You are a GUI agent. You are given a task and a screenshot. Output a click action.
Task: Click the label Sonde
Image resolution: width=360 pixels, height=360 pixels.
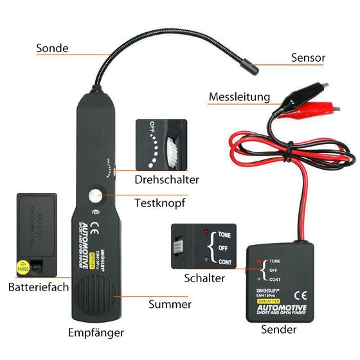[52, 48]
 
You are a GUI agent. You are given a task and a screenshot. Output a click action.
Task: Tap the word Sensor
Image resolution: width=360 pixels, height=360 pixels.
[309, 58]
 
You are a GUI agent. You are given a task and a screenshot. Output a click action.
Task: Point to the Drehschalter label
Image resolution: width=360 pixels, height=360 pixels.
[166, 179]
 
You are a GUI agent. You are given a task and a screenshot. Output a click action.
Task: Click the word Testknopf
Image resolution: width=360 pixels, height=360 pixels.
[160, 203]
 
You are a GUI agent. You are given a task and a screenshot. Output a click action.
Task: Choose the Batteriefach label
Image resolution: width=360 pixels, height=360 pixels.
[39, 287]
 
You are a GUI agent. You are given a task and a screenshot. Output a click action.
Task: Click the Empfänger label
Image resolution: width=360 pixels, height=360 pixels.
[96, 332]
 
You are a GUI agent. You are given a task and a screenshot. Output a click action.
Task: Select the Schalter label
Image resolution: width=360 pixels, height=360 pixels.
[204, 278]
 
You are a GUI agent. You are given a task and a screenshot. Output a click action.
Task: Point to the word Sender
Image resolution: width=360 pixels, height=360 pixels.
[279, 329]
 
